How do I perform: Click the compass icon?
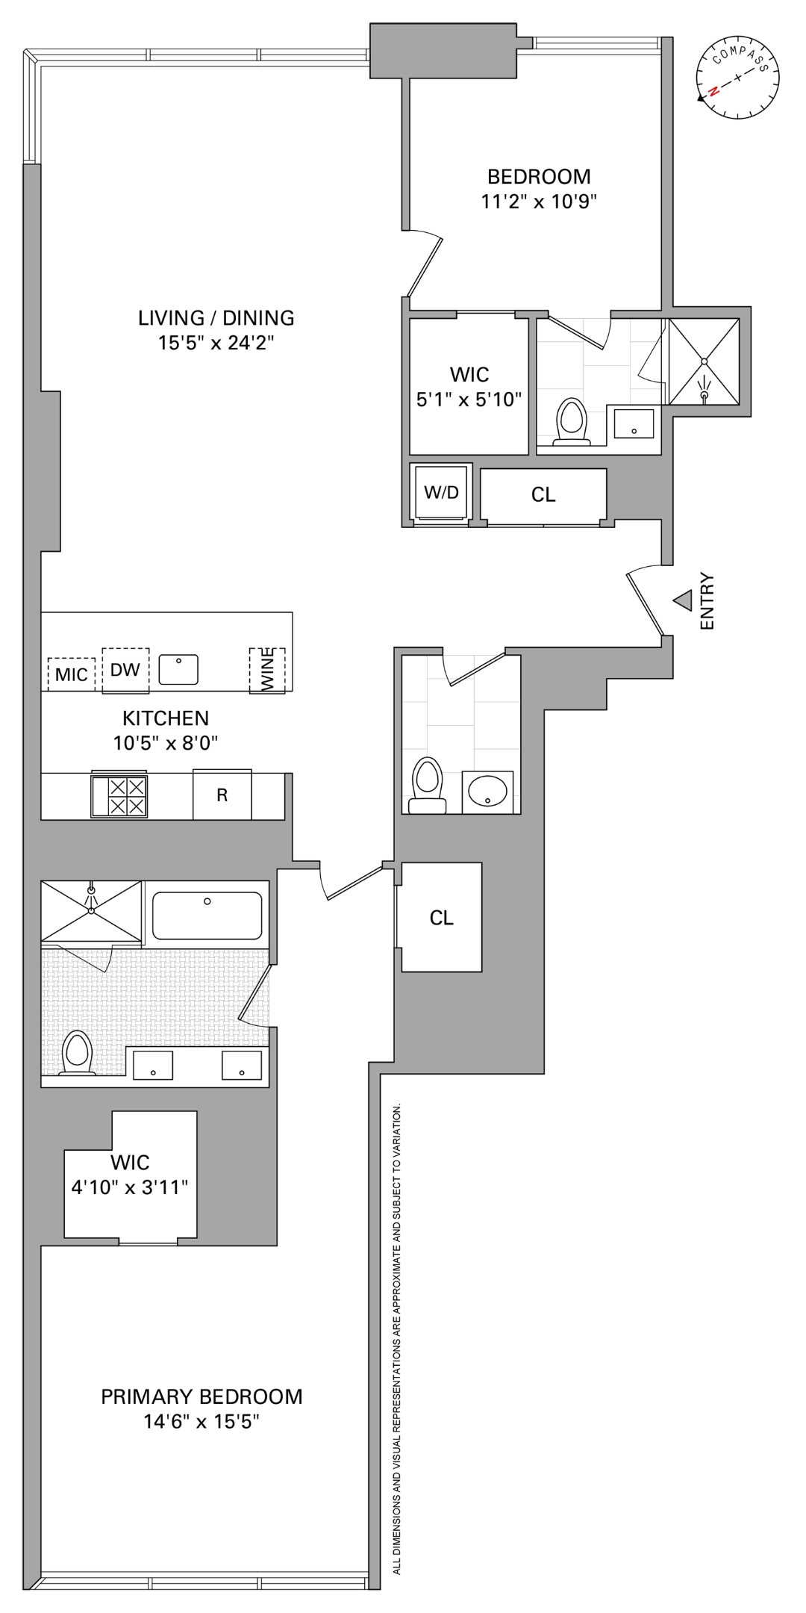737,78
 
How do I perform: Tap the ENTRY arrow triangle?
682,600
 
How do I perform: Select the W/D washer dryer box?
441,492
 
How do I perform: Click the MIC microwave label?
72,674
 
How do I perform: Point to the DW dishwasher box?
125,670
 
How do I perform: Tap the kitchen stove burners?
119,796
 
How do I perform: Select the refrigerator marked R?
222,795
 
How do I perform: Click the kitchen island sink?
178,669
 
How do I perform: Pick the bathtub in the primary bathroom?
207,915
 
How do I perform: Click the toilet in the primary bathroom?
77,1053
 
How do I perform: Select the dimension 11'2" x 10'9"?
539,201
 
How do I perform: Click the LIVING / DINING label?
216,318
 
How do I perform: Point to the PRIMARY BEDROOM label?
201,1396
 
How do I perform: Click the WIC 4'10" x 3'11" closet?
131,1176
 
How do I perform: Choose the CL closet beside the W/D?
543,495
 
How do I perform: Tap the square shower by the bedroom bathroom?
704,361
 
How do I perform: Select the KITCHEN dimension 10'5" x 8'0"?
165,743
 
